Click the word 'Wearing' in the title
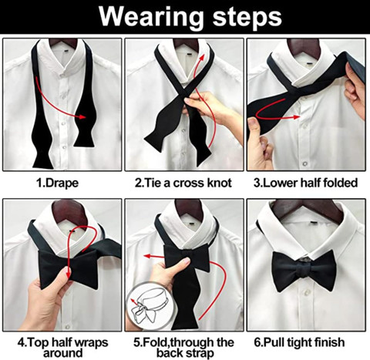click(151, 17)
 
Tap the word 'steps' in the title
click(247, 18)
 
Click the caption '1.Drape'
click(57, 183)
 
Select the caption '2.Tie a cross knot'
click(183, 183)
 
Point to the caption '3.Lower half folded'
click(305, 183)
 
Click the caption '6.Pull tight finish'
click(299, 342)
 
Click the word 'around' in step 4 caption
click(63, 353)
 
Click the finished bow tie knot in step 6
click(304, 270)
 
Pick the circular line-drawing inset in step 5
click(150, 306)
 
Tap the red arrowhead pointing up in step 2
click(202, 57)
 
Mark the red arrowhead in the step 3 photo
click(296, 117)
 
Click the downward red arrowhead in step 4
click(69, 274)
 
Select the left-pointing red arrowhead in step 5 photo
click(147, 256)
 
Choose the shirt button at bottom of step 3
click(305, 163)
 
